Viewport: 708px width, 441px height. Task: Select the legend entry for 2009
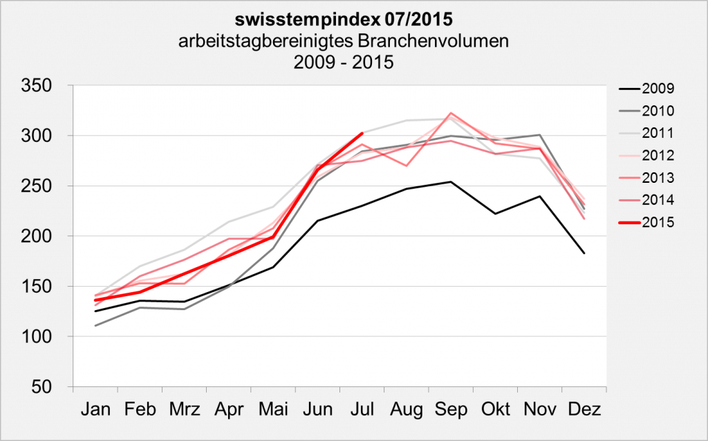point(658,88)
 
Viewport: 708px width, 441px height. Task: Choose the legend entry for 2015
point(658,222)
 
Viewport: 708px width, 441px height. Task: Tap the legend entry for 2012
point(658,155)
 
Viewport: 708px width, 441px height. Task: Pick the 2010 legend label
point(658,111)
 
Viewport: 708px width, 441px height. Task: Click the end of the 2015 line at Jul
point(362,134)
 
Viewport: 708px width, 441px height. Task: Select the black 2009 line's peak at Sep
point(451,182)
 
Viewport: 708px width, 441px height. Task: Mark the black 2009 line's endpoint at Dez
point(584,253)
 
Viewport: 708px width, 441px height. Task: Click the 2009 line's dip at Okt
point(495,213)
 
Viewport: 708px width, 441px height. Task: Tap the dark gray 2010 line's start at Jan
point(95,325)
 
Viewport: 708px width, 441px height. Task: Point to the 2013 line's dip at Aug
point(406,165)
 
